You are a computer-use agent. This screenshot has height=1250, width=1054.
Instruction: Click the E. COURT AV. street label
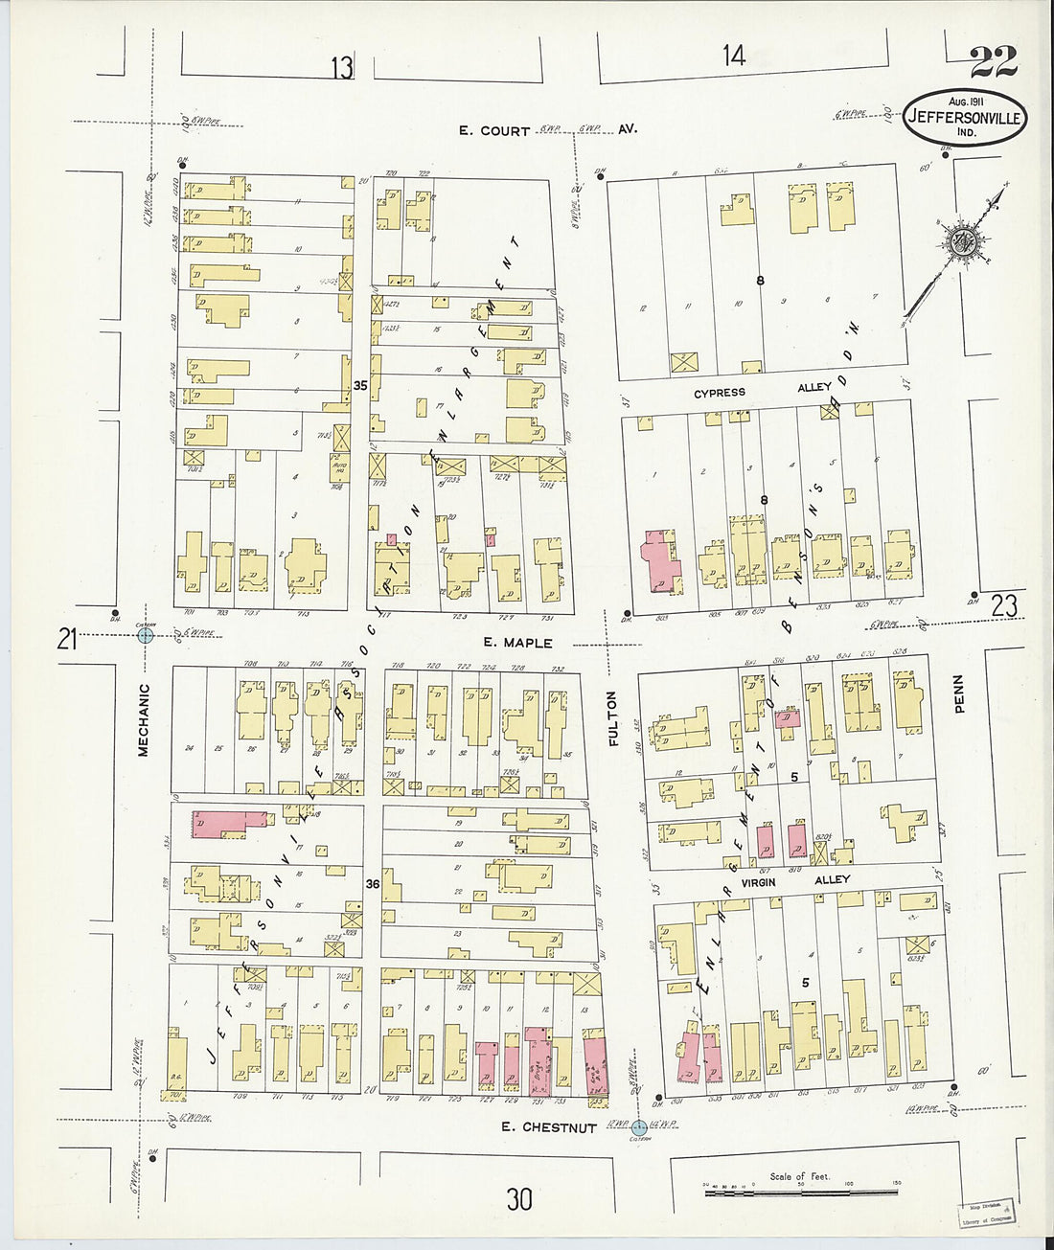click(547, 129)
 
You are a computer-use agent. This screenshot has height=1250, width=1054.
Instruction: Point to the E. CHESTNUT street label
click(549, 1127)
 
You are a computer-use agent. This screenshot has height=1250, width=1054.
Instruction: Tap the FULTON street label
click(613, 718)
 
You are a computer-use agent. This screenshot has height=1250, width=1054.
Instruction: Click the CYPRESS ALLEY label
click(759, 391)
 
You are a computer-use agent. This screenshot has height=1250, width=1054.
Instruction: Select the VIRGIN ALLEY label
click(788, 878)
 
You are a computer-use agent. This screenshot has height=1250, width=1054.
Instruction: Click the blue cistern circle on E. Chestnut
click(639, 1127)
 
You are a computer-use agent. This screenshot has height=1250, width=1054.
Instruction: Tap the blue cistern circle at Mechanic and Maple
click(146, 634)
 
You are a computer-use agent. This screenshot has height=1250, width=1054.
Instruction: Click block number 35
click(360, 385)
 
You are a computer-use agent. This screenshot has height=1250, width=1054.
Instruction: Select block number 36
click(372, 885)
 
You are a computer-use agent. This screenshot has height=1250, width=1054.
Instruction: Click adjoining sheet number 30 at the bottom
click(519, 1198)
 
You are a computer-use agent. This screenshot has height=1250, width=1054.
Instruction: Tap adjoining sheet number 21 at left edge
click(66, 639)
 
